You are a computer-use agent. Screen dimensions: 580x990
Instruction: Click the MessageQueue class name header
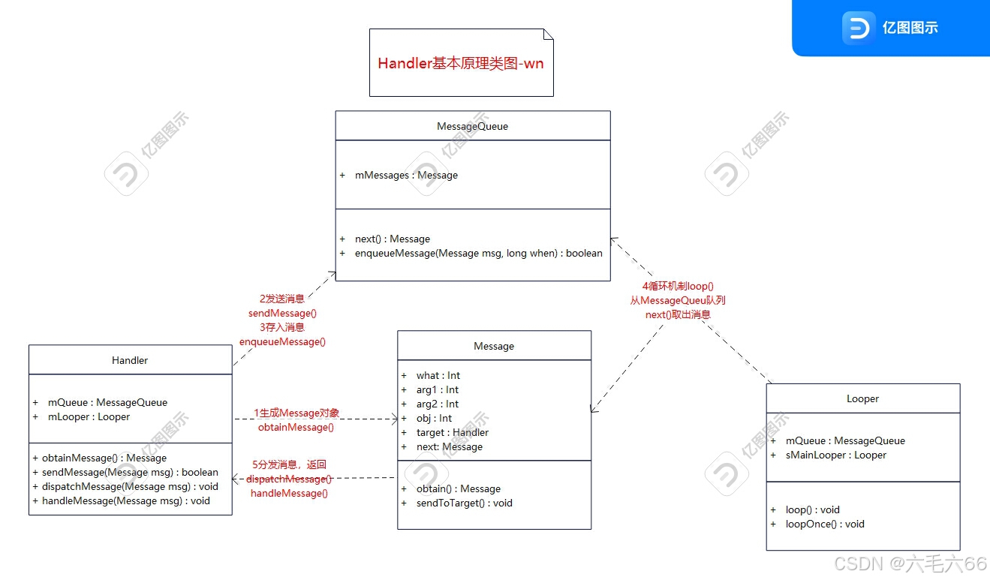(x=472, y=126)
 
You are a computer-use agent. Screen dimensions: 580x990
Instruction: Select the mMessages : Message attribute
(x=406, y=175)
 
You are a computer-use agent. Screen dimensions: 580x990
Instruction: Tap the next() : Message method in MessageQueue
(x=393, y=239)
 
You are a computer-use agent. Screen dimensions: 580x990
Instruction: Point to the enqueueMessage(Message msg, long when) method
(x=478, y=253)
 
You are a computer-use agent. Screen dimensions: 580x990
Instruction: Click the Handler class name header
(x=130, y=360)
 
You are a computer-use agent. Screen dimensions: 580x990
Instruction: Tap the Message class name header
(x=494, y=346)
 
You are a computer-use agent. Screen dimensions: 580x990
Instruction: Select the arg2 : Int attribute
(x=438, y=404)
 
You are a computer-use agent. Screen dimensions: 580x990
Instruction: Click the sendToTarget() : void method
(x=465, y=503)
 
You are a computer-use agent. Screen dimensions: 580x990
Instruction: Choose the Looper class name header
(x=862, y=398)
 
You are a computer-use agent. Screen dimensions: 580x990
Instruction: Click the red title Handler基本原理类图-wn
(x=461, y=63)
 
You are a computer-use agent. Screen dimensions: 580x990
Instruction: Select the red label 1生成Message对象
(x=296, y=413)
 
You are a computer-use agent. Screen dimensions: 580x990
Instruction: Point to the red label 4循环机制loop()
(x=677, y=286)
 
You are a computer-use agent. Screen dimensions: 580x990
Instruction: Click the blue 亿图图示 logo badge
(x=890, y=29)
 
